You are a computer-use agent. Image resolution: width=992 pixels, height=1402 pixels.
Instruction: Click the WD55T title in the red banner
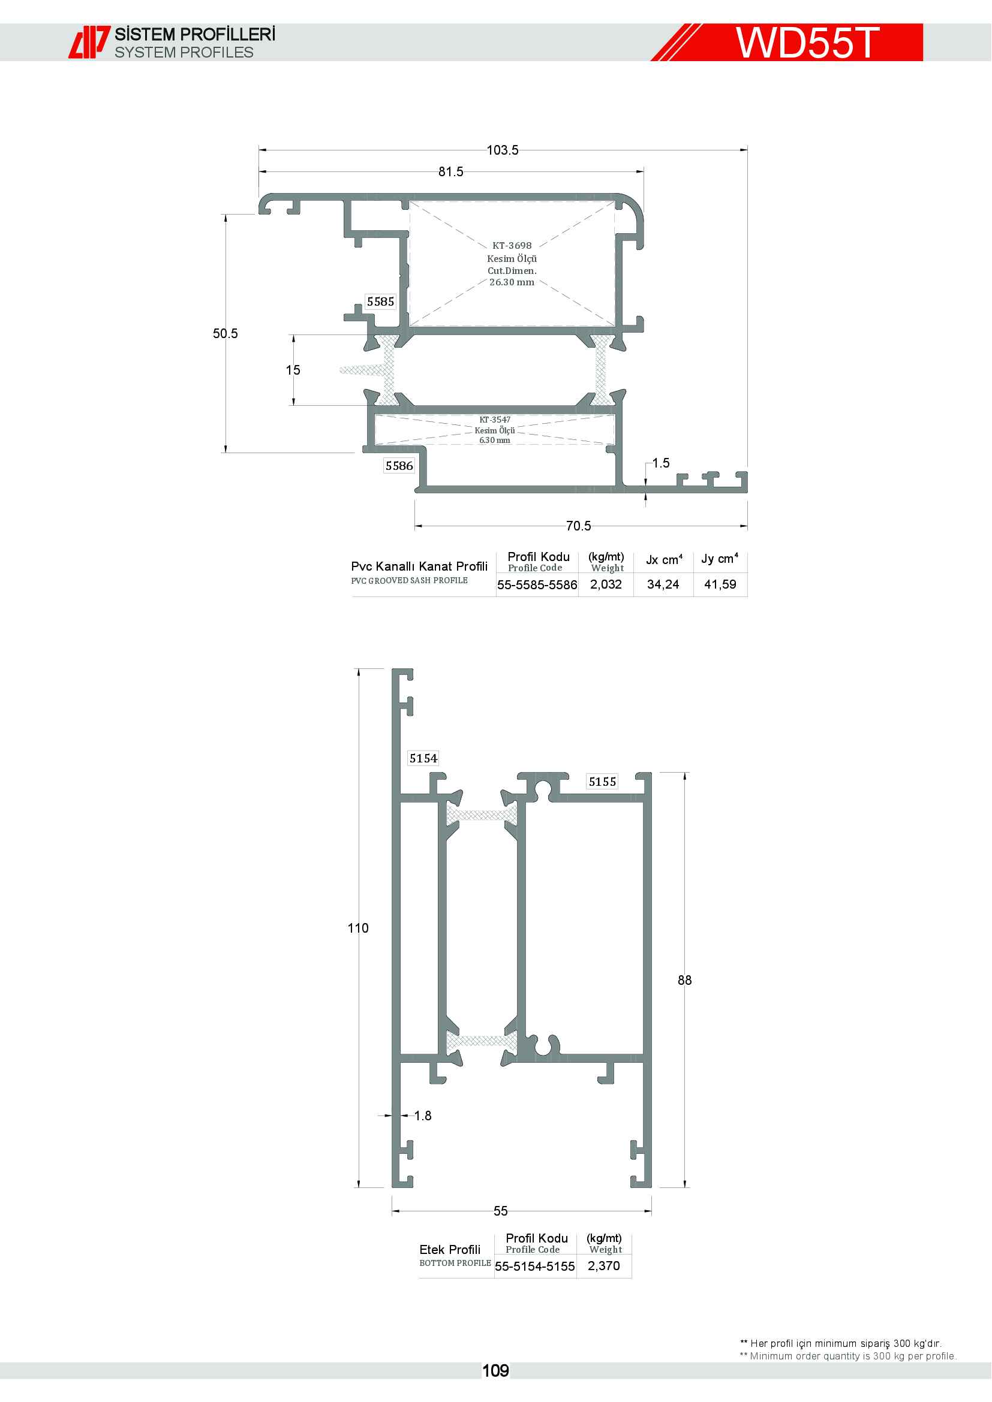pos(807,43)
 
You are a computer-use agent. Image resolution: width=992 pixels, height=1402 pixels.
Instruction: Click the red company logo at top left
pos(89,42)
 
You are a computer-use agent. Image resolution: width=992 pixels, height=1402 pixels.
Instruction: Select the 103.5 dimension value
pos(502,150)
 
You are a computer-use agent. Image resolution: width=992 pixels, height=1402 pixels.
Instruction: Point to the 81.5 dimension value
pos(451,172)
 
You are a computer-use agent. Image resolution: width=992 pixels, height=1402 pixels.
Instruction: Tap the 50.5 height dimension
pos(226,333)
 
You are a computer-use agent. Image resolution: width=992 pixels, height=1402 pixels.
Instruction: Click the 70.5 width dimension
pos(578,526)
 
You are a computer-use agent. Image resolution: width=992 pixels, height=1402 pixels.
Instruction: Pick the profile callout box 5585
pos(381,301)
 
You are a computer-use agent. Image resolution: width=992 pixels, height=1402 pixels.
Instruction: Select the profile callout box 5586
pos(399,466)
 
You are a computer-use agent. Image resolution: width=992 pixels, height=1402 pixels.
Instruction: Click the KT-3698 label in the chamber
pos(512,246)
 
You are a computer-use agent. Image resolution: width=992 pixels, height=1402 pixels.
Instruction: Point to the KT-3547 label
pos(495,420)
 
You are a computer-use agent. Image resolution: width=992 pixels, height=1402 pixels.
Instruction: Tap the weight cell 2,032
pos(606,584)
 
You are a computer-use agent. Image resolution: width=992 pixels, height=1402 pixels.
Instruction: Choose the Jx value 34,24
pos(663,584)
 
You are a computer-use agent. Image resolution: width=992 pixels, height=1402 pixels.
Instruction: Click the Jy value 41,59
pos(720,584)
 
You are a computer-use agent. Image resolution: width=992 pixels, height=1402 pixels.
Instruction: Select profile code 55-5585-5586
pos(537,585)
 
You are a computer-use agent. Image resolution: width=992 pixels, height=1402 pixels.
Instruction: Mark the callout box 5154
pos(423,758)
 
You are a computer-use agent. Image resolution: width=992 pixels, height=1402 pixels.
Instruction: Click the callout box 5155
pos(602,782)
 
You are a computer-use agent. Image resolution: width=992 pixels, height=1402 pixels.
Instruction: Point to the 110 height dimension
pos(358,928)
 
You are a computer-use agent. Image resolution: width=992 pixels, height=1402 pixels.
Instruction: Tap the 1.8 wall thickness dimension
pos(423,1115)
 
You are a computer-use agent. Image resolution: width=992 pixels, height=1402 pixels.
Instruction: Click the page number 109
pos(495,1371)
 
